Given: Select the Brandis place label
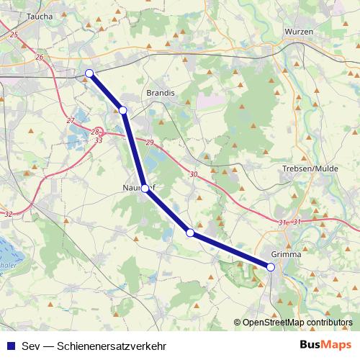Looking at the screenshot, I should [159, 94].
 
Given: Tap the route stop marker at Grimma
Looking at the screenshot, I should [271, 267].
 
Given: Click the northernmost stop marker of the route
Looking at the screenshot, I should [89, 73].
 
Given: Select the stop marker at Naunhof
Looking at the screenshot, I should [145, 188].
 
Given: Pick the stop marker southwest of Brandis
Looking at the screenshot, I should [123, 110].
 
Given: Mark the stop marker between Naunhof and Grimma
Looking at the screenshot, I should [190, 233].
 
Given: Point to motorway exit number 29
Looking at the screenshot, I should [150, 144].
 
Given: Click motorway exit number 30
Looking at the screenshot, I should [193, 174].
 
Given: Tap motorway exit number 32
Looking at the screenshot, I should [8, 214].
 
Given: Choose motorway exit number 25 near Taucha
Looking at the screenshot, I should [14, 34].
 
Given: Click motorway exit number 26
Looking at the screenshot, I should [39, 57].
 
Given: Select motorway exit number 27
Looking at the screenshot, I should [70, 120].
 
